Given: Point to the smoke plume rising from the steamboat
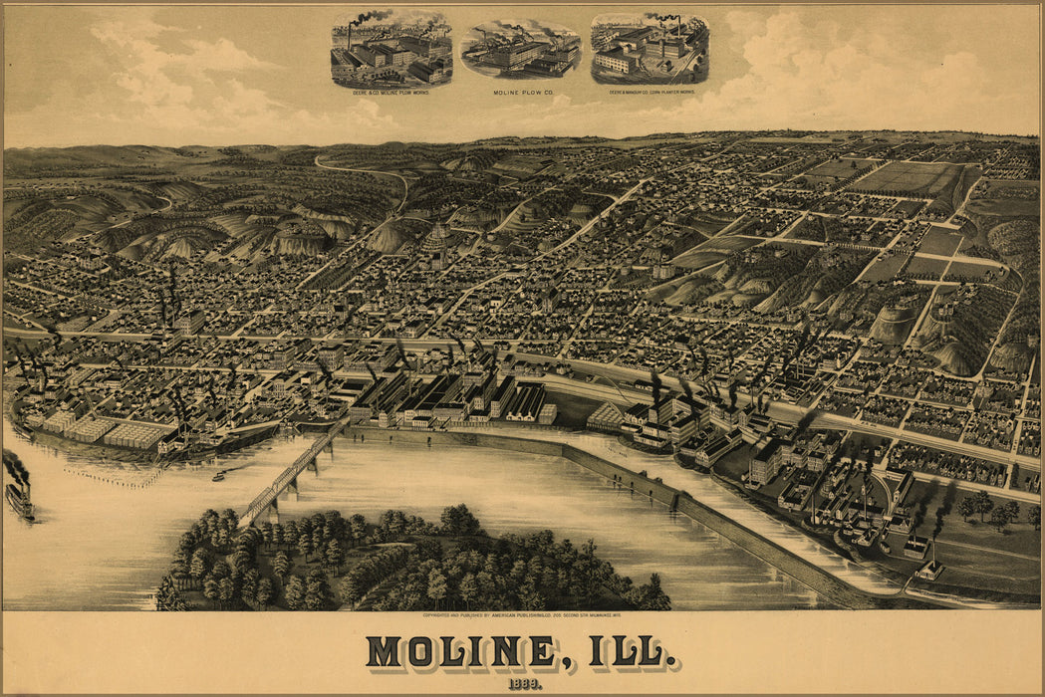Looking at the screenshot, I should (14, 465).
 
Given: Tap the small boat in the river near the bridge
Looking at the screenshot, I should (218, 476).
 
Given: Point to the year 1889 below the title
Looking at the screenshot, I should (523, 682).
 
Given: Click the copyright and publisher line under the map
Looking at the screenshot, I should (522, 616).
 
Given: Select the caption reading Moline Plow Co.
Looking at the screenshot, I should (520, 92).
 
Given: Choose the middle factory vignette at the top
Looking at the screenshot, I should (520, 50).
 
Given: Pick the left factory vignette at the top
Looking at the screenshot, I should (391, 50).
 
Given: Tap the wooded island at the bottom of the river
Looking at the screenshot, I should (398, 563).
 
